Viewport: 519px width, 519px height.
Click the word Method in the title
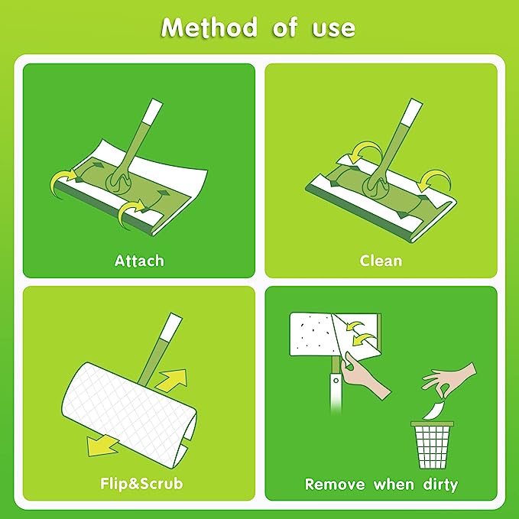(x=209, y=28)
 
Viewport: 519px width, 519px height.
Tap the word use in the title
(x=333, y=29)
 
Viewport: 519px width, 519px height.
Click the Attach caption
(x=139, y=261)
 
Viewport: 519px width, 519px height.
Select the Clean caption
(x=381, y=261)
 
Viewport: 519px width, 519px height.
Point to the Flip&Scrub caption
(x=141, y=484)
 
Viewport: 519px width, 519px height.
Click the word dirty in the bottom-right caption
(x=440, y=485)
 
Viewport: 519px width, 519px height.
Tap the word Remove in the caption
(x=335, y=485)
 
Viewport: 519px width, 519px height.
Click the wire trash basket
(x=433, y=445)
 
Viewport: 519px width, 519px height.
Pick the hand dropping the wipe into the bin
(x=449, y=379)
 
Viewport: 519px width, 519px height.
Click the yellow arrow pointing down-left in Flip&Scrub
(x=102, y=446)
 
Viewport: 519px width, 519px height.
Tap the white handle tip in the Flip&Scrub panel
(x=171, y=326)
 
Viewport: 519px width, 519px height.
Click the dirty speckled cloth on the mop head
(x=312, y=334)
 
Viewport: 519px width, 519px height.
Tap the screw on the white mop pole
(x=336, y=381)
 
